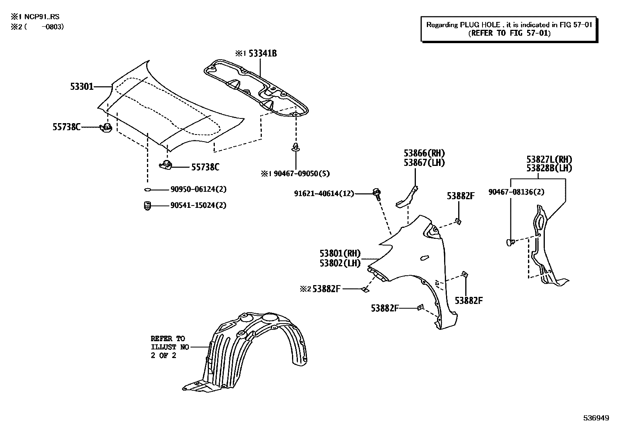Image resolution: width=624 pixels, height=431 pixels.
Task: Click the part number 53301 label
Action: pos(82,87)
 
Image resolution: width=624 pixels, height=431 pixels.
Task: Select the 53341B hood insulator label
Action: pos(262,53)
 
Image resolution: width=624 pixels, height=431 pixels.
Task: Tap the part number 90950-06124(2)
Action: pos(198,189)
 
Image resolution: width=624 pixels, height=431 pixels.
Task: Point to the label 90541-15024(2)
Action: pos(198,205)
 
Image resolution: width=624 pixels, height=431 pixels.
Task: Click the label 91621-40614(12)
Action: pos(324,193)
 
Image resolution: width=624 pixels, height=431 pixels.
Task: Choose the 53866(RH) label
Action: pos(424,153)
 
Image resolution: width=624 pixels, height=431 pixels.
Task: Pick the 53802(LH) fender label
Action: pos(340,263)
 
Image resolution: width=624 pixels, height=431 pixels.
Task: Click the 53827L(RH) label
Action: pos(549,160)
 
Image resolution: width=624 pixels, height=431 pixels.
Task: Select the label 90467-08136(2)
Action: pos(516,192)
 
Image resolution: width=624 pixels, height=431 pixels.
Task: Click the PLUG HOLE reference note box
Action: pos(509,29)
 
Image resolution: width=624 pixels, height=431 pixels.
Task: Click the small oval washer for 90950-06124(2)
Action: pos(147,190)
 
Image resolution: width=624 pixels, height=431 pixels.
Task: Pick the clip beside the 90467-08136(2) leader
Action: pos(510,243)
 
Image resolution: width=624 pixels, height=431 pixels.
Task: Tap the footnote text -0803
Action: pos(53,27)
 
